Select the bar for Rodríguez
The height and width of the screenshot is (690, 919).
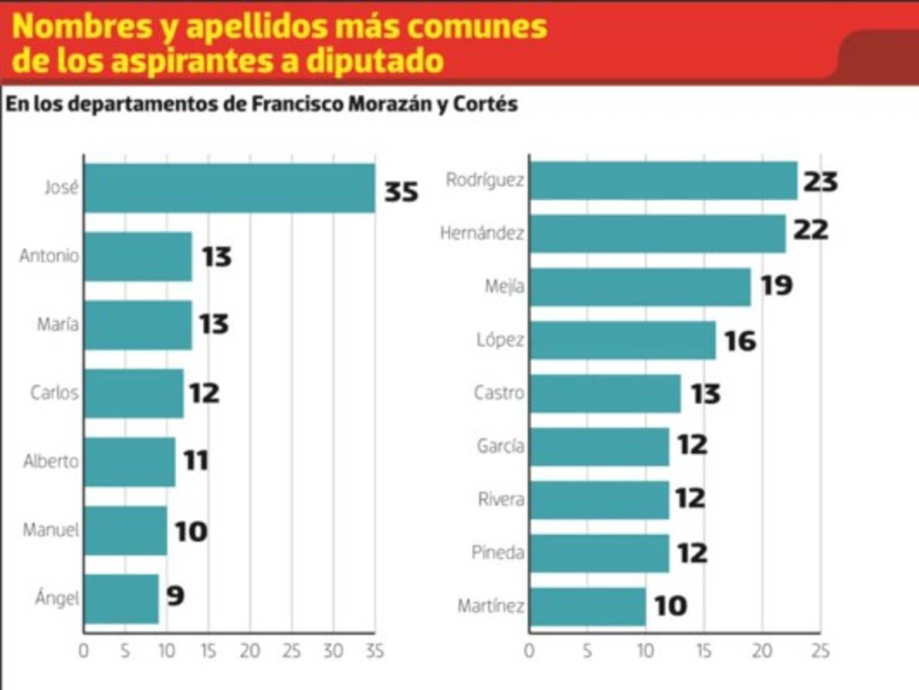pyautogui.click(x=663, y=181)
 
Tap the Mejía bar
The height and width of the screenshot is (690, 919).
pyautogui.click(x=640, y=287)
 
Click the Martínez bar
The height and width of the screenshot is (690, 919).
pyautogui.click(x=587, y=606)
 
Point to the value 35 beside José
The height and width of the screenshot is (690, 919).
pyautogui.click(x=401, y=191)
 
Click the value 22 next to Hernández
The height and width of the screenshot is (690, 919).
pyautogui.click(x=810, y=230)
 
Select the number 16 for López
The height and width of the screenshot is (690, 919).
pyautogui.click(x=740, y=341)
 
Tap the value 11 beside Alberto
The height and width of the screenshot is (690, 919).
pyautogui.click(x=195, y=462)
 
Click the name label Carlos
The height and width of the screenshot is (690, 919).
pyautogui.click(x=54, y=393)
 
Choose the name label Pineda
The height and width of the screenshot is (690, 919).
pyautogui.click(x=499, y=553)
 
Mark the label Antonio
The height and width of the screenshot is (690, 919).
pyautogui.click(x=49, y=257)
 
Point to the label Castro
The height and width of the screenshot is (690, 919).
pyautogui.click(x=499, y=393)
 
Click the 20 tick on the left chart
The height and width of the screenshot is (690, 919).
pyautogui.click(x=249, y=652)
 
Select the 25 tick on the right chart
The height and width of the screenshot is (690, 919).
pyautogui.click(x=820, y=652)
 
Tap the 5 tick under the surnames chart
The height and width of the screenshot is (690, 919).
pyautogui.click(x=587, y=652)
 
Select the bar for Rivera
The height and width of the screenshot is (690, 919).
pyautogui.click(x=599, y=500)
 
